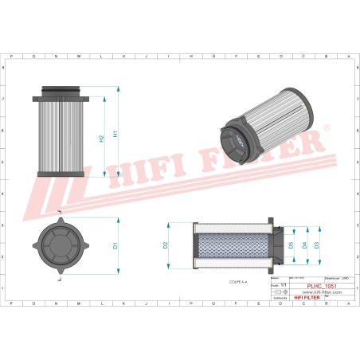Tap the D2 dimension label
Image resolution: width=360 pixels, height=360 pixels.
pyautogui.click(x=166, y=245)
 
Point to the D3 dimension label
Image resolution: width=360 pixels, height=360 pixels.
pyautogui.click(x=316, y=245)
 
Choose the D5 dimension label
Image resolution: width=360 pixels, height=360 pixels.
pyautogui.click(x=291, y=245)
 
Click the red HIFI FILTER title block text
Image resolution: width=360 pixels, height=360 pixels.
pyautogui.click(x=307, y=298)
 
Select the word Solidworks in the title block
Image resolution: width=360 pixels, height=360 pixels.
pyautogui.click(x=278, y=298)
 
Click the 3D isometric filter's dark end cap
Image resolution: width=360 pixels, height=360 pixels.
pyautogui.click(x=237, y=143)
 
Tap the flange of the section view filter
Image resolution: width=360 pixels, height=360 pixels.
pyautogui.click(x=275, y=245)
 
